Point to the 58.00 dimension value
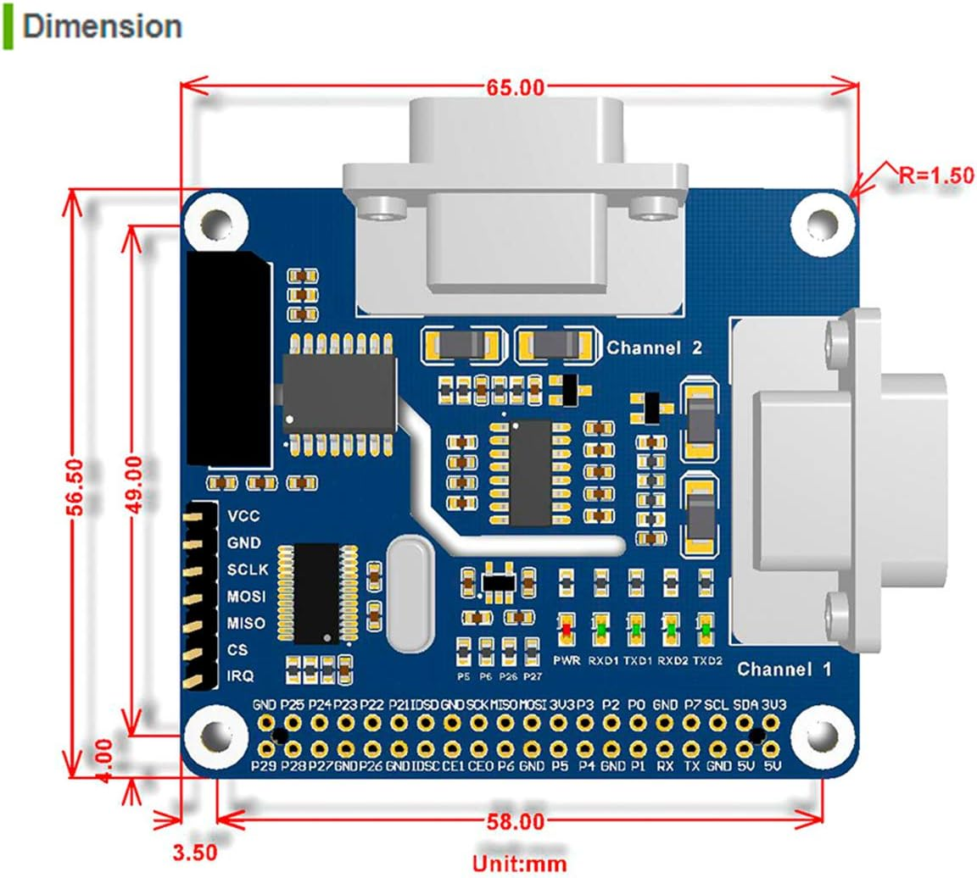(515, 820)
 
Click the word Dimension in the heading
(102, 25)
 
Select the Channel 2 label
(654, 347)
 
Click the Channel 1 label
(784, 670)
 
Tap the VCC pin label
(243, 516)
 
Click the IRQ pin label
(242, 676)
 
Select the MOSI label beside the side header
(245, 597)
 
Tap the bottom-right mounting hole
(819, 736)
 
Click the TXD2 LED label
(706, 660)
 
